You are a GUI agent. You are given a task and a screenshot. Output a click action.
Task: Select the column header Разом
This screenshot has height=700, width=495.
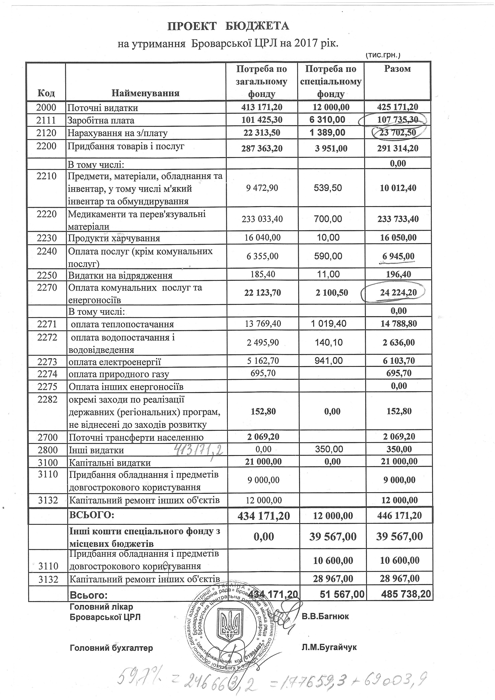click(397, 69)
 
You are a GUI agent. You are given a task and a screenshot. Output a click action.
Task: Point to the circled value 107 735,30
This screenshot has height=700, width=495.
click(397, 120)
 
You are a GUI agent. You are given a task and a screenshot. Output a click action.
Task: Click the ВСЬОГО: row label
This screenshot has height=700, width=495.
click(92, 515)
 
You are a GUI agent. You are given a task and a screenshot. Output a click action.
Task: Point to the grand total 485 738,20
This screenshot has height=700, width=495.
click(406, 594)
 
